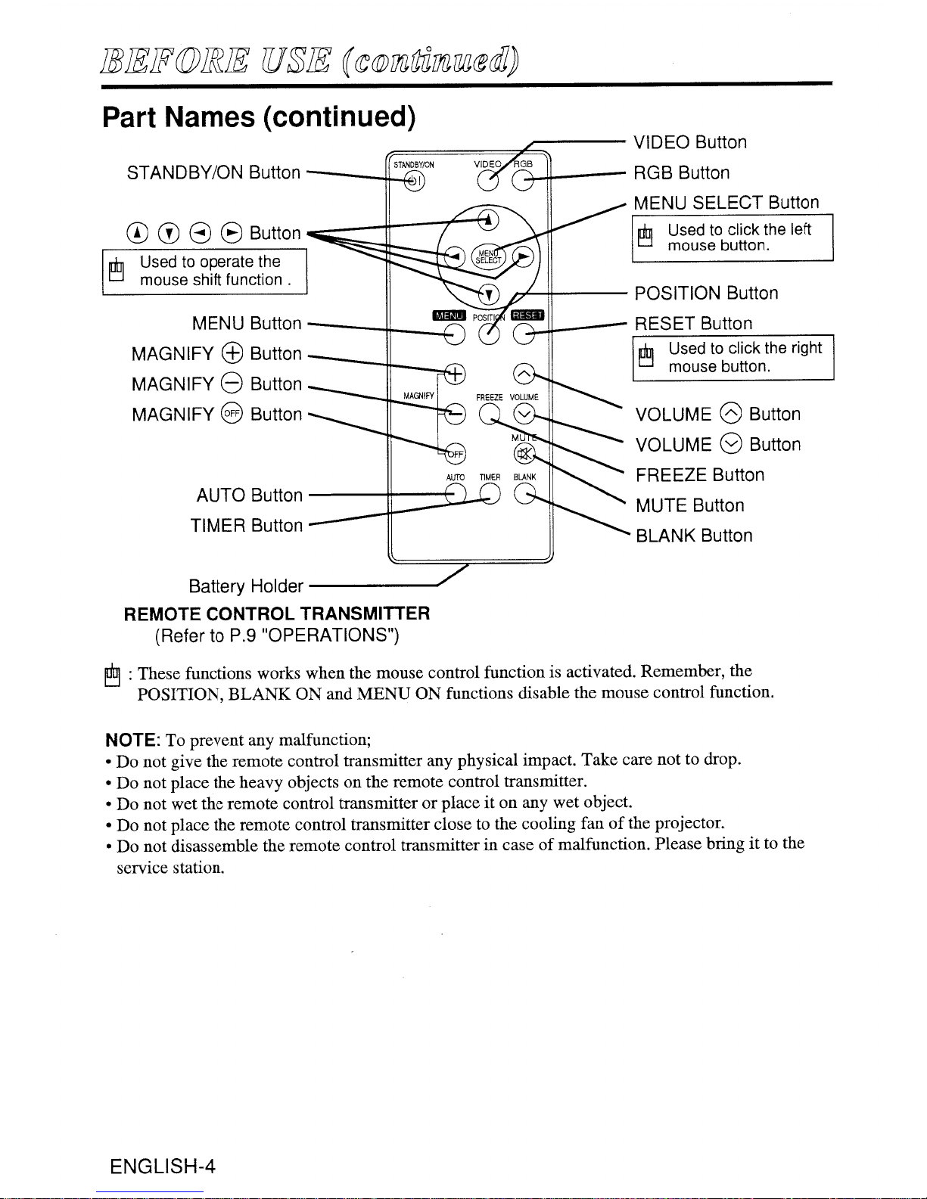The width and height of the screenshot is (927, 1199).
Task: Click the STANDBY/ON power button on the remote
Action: click(x=415, y=181)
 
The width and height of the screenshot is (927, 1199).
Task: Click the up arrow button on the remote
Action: click(x=488, y=219)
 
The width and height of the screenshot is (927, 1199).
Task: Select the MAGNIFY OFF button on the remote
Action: click(x=456, y=454)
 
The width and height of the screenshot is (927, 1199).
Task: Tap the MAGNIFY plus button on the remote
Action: click(x=455, y=374)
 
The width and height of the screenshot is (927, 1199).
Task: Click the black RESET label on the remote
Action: click(x=527, y=315)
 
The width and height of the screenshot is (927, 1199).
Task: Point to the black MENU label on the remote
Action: click(x=450, y=315)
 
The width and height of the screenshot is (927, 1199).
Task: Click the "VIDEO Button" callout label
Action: click(x=689, y=142)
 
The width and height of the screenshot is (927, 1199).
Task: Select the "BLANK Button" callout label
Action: click(x=694, y=536)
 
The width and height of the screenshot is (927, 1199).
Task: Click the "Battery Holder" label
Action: click(x=246, y=586)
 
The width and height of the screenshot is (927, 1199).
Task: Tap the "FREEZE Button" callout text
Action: click(x=700, y=475)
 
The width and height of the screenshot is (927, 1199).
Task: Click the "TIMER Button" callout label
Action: click(x=247, y=525)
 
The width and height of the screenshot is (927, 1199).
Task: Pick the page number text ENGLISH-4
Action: click(x=163, y=1166)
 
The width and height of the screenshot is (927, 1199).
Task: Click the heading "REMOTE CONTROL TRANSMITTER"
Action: click(x=276, y=613)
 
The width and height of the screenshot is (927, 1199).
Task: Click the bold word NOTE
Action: click(x=132, y=740)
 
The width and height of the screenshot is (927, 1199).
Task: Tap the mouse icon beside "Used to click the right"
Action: click(x=645, y=356)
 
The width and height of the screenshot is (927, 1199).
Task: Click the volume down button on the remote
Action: click(x=524, y=413)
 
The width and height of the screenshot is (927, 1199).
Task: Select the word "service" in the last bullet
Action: click(x=142, y=868)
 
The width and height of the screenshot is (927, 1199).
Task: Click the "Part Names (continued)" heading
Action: click(x=259, y=117)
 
